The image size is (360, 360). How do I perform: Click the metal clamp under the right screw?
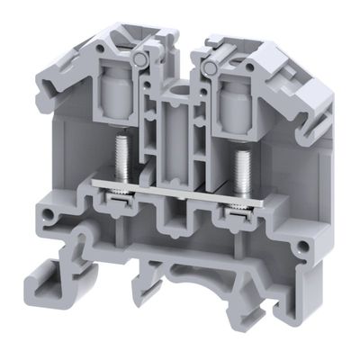click(237, 208)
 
